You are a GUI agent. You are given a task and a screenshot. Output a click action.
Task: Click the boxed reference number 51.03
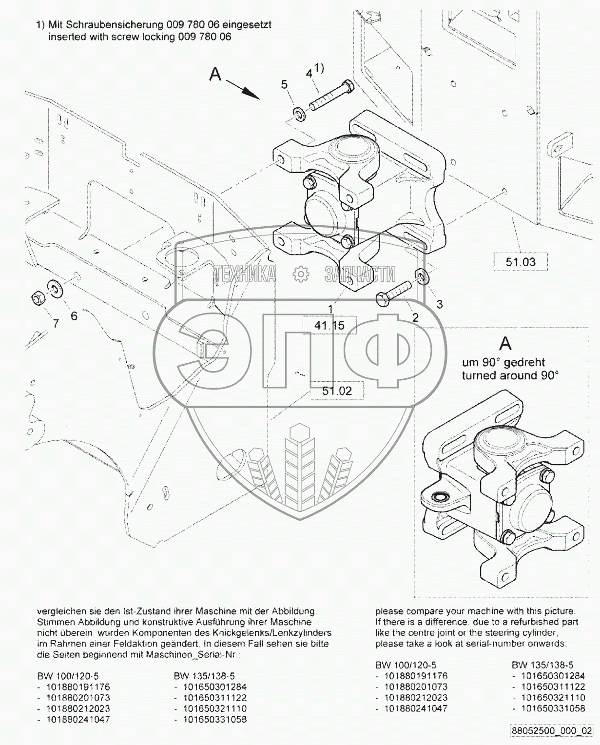[x=520, y=262]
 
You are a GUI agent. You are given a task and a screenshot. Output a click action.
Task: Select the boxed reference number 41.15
[x=329, y=325]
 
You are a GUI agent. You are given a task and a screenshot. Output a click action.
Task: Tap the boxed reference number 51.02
[x=336, y=391]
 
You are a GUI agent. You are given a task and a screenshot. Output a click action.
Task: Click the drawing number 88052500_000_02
[x=551, y=731]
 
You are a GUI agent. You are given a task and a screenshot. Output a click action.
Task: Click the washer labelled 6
[x=55, y=289]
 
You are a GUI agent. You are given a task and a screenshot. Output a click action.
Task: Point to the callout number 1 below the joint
[x=330, y=309]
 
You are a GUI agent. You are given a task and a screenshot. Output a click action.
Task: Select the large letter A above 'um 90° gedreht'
[x=505, y=344]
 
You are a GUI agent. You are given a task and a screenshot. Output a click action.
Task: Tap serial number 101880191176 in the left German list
[x=78, y=687]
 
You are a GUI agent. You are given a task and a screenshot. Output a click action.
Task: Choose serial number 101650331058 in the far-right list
[x=553, y=708]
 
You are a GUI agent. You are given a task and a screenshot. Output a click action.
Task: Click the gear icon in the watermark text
[x=301, y=274]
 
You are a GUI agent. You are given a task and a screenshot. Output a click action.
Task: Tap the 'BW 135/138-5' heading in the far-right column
[x=542, y=665]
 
